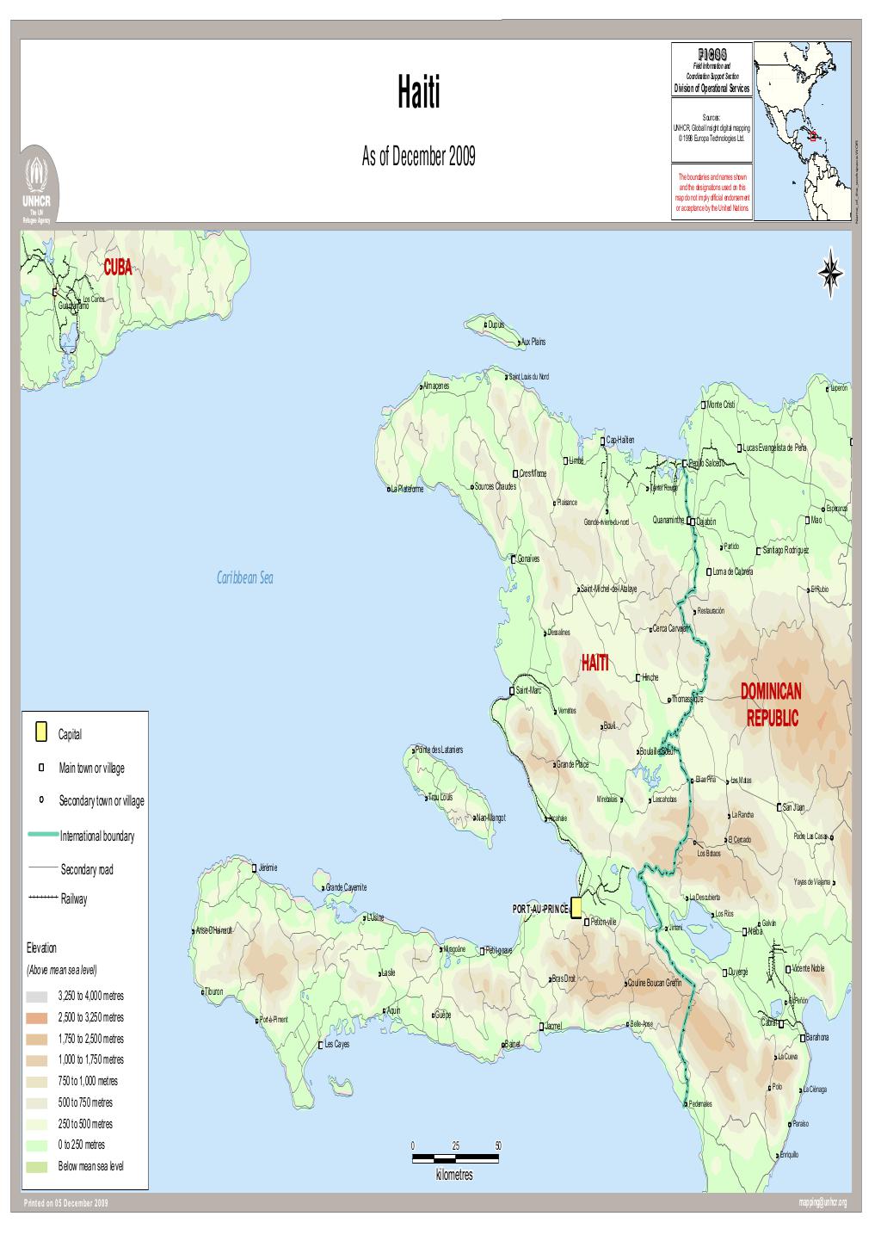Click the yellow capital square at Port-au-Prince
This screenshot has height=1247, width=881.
tap(576, 907)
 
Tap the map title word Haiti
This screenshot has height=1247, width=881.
tap(418, 93)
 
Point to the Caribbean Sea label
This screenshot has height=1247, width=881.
tap(244, 579)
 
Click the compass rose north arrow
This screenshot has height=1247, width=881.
tap(830, 272)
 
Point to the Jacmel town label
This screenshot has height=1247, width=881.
tap(553, 1025)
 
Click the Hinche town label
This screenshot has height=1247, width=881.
tap(650, 677)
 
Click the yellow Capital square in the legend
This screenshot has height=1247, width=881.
tap(40, 734)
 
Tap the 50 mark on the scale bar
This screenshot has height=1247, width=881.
tap(498, 1145)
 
